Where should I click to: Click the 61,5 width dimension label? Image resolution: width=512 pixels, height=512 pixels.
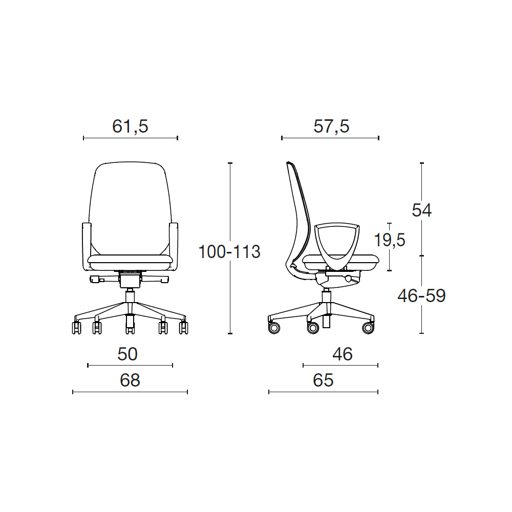(130, 126)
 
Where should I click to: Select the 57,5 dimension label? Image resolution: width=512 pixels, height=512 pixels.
(331, 126)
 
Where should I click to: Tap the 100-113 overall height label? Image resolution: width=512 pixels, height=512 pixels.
(229, 252)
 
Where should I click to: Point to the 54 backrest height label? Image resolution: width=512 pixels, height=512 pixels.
(421, 210)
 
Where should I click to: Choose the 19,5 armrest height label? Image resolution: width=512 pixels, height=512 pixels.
(390, 240)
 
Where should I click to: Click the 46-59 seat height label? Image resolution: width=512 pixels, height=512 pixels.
(421, 296)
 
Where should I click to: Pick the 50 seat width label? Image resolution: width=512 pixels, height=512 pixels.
(127, 354)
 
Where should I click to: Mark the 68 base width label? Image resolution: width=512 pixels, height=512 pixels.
(130, 380)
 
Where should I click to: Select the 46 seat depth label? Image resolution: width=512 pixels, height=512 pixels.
(342, 354)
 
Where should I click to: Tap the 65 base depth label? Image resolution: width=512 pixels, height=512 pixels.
(323, 380)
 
